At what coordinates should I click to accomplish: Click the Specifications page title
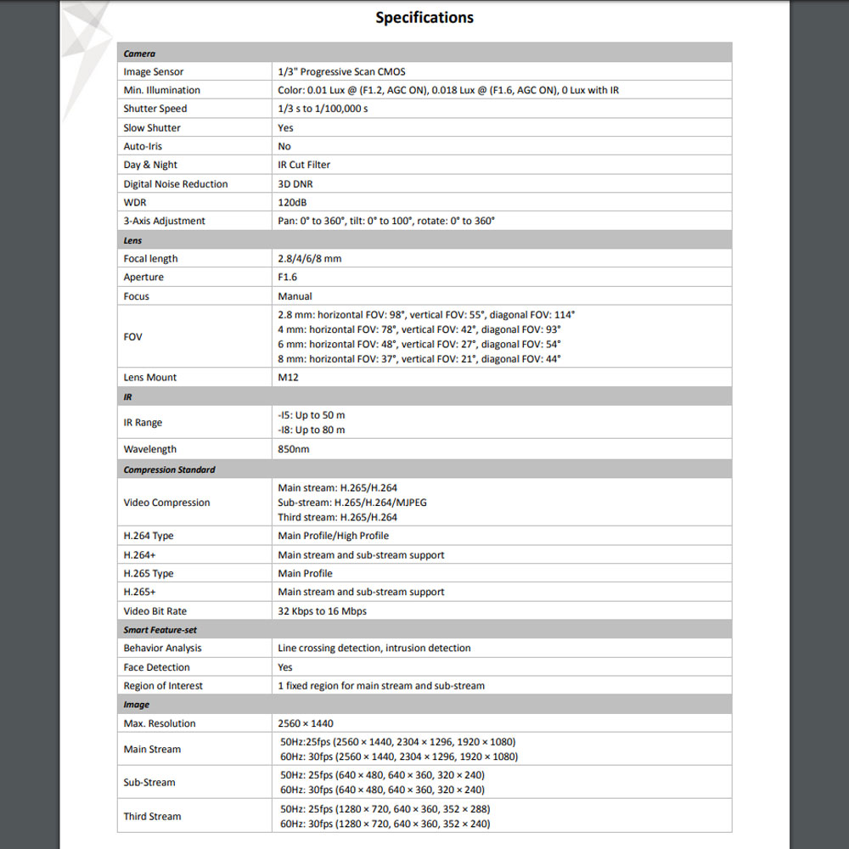424,18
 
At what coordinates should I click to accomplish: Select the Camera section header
139,53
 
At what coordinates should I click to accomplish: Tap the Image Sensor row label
153,72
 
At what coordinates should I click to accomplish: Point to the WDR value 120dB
293,202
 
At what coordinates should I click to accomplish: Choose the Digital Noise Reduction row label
176,183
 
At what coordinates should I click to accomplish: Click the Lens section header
133,240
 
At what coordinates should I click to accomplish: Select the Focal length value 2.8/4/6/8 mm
309,258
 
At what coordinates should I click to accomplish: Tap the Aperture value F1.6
288,277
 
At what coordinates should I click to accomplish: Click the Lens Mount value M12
288,377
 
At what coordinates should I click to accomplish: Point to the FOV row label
133,336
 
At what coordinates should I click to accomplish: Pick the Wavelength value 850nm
294,449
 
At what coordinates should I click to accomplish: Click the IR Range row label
143,422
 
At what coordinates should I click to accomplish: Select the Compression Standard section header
169,469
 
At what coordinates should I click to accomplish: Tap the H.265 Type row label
149,573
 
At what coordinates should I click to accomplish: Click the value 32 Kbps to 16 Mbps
322,611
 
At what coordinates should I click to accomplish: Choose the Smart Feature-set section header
160,630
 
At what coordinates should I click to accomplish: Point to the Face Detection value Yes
285,667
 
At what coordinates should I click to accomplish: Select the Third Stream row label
152,816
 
